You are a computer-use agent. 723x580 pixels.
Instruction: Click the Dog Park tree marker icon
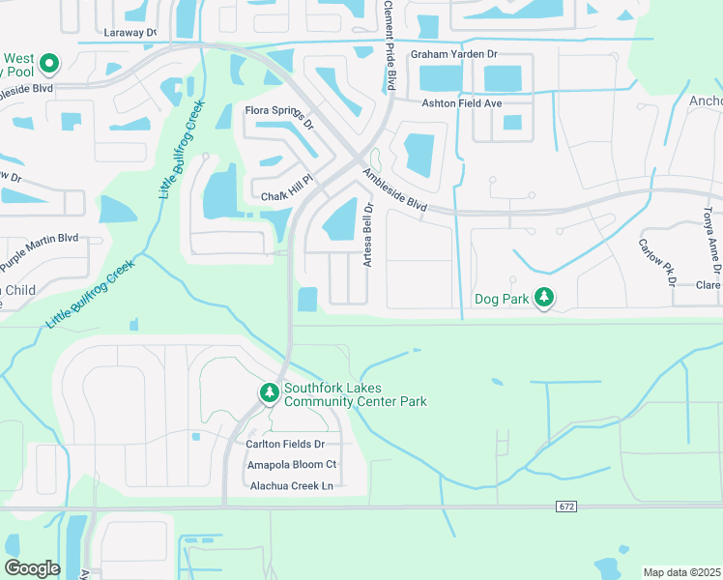[x=545, y=298]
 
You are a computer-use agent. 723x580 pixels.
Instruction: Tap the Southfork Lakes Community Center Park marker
[x=269, y=393]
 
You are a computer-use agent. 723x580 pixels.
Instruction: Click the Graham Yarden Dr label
[x=453, y=54]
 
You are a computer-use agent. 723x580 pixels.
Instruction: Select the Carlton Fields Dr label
[x=291, y=444]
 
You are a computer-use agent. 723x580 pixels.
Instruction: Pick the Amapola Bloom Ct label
[x=291, y=465]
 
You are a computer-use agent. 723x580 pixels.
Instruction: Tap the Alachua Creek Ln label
[x=290, y=485]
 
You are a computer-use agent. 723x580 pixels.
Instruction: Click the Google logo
[x=32, y=568]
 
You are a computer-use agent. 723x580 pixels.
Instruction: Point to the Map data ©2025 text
[x=681, y=572]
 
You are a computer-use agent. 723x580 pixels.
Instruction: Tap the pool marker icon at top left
[x=50, y=65]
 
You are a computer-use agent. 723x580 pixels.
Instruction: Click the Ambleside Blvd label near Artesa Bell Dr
[x=394, y=190]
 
